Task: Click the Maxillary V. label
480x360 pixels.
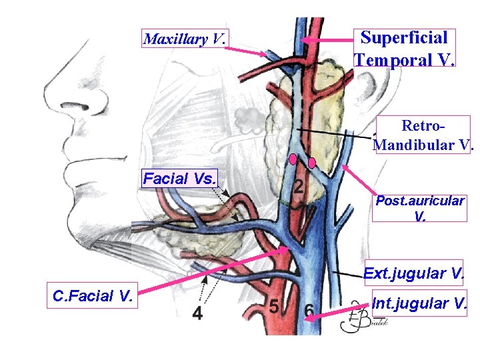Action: [185, 39]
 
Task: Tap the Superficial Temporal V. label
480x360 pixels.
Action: [405, 48]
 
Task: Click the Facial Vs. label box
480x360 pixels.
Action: [181, 179]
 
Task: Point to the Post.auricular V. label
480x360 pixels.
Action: [419, 208]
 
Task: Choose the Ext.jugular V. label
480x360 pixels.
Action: [413, 273]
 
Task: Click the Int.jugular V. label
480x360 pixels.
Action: [419, 304]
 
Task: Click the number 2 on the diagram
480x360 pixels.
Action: [299, 189]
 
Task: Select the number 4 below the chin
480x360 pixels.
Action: [197, 313]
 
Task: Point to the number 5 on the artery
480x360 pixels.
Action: [273, 307]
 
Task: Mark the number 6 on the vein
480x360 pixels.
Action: [309, 311]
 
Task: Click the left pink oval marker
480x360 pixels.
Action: [292, 159]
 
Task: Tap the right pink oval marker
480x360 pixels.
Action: [312, 163]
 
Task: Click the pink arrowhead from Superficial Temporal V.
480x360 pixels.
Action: [304, 40]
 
